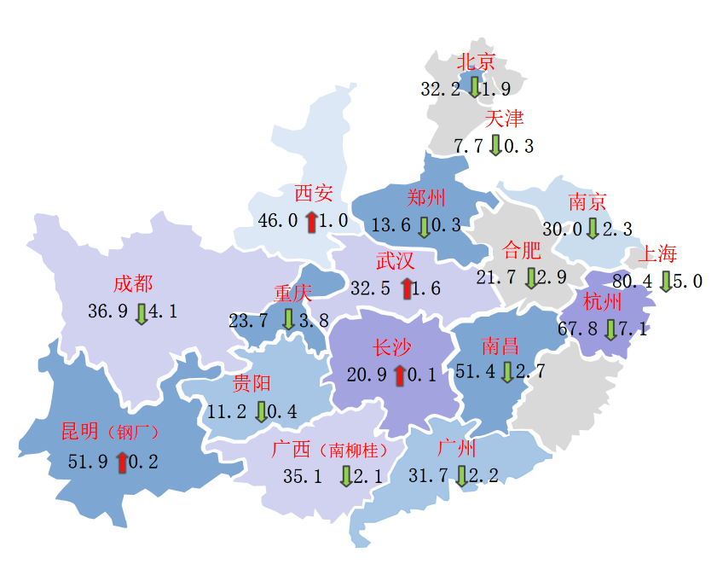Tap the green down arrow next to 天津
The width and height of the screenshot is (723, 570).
pos(495,145)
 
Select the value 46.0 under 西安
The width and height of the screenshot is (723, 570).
pos(278,221)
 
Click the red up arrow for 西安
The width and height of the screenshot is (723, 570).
pos(311,221)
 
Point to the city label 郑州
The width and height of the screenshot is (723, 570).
pos(426,199)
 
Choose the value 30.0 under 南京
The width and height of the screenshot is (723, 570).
pos(563,230)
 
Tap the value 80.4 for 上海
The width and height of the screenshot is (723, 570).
pos(633,281)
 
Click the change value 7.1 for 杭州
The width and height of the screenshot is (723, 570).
pos(635,329)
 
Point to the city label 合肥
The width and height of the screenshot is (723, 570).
pos(522,251)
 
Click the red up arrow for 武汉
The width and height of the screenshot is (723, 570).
pos(406,288)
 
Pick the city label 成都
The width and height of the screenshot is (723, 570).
pos(133,284)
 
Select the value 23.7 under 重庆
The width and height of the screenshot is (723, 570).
pos(249,321)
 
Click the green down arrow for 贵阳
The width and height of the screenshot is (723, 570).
pos(261,411)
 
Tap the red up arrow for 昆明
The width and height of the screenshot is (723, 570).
pos(122,462)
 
